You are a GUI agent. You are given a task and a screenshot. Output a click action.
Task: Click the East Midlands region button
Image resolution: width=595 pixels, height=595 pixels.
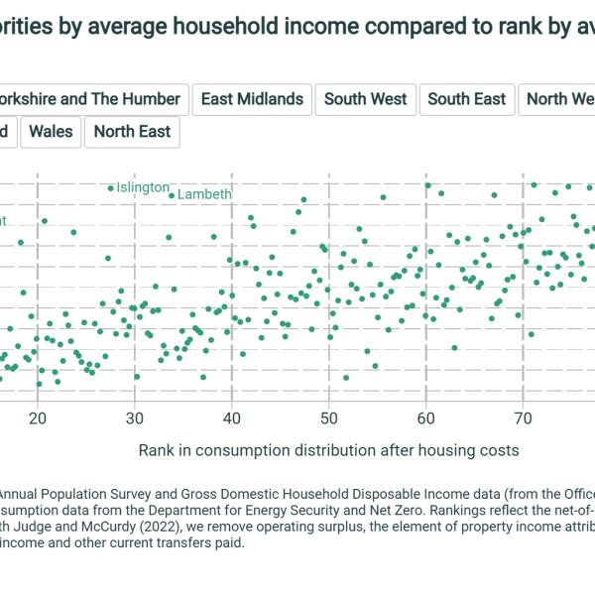pos(252,99)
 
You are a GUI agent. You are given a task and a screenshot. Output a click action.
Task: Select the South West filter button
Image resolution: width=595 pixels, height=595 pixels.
pos(366,99)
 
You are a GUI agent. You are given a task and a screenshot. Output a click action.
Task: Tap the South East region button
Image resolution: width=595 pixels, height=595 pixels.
pos(467,99)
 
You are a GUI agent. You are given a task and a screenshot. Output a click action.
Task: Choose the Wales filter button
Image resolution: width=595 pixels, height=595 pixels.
pos(51,132)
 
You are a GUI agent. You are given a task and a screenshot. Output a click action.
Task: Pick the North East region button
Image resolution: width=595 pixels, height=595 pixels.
pos(132,132)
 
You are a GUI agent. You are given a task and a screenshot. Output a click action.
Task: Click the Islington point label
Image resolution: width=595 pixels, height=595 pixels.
pos(143,187)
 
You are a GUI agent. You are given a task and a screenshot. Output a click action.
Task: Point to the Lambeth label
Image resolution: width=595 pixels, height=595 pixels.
pos(204,194)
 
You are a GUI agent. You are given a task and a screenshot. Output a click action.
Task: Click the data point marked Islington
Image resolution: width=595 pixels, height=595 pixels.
pos(110,188)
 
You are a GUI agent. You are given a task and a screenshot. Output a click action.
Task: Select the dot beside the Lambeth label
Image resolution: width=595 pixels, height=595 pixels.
pos(172,195)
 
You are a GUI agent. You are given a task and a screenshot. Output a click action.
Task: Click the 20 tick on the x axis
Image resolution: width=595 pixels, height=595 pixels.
pos(38,418)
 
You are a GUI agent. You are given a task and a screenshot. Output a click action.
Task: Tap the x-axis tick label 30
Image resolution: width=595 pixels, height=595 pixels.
pos(135,418)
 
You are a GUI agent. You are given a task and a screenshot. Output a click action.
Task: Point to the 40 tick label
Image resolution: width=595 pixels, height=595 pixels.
pos(232,418)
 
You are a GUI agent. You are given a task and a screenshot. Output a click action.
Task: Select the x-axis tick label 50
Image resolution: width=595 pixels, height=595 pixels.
pos(329,418)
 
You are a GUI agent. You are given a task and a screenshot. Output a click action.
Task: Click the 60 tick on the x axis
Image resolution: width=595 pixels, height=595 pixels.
pos(426,418)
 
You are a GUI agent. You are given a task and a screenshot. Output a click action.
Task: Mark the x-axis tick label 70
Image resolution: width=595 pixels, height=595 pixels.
pos(523,418)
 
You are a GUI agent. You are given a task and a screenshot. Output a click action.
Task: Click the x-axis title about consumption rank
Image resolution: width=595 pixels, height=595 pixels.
pos(328,450)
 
